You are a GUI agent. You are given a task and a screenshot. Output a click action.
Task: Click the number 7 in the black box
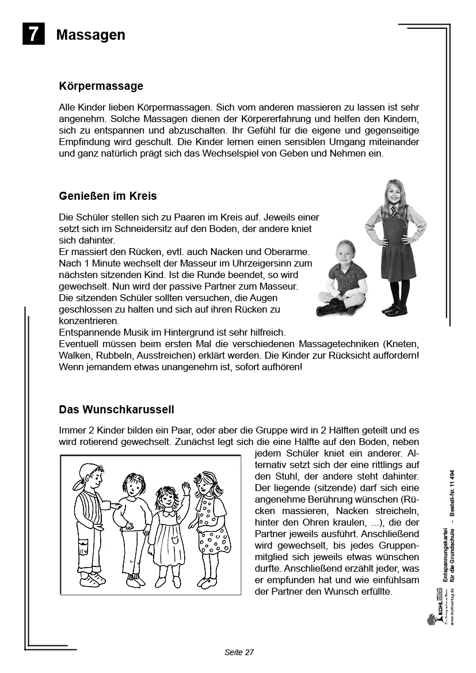33,34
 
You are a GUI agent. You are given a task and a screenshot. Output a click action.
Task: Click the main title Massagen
90,35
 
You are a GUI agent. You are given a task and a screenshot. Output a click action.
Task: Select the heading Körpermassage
101,86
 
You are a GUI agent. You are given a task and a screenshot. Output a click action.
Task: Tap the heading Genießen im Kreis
108,196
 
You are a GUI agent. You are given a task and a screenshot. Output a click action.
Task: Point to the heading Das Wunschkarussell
116,410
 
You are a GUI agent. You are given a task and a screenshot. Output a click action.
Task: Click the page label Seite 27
239,652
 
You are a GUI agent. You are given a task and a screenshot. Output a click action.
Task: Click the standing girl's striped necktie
393,211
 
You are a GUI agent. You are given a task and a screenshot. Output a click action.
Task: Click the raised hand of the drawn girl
185,488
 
